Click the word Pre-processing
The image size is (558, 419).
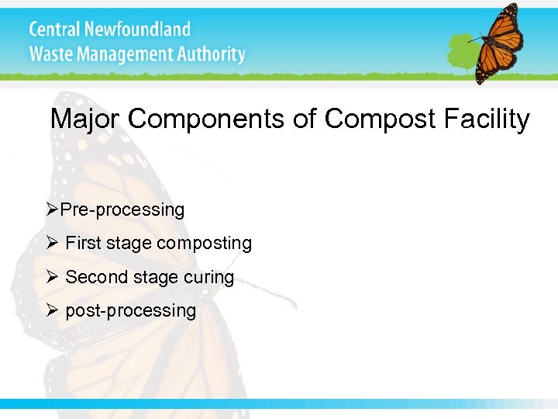[x=122, y=210]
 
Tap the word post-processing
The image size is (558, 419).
[x=131, y=311]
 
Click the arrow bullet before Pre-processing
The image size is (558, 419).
[x=53, y=209]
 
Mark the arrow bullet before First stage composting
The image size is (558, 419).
[x=53, y=243]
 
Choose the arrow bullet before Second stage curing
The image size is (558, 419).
[x=53, y=277]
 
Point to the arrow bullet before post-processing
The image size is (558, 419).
[x=53, y=310]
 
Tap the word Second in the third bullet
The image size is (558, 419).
[x=91, y=278]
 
